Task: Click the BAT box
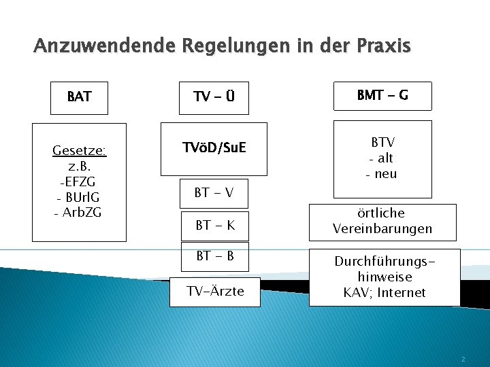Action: [x=80, y=97]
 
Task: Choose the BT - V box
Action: [x=214, y=193]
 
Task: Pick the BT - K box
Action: [x=214, y=225]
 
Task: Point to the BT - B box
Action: [x=214, y=256]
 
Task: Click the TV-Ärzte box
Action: [x=215, y=292]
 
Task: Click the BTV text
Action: [x=382, y=143]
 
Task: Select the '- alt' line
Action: [x=382, y=158]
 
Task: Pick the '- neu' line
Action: [x=382, y=174]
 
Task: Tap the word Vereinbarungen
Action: [x=382, y=229]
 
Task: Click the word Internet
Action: [x=404, y=293]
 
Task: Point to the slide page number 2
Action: [x=463, y=358]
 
